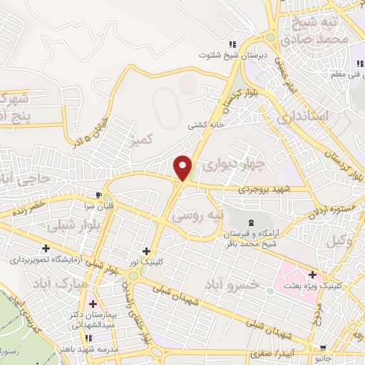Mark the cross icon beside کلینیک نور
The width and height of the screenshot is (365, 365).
click(x=147, y=251)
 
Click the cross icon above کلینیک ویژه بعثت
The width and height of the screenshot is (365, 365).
click(x=313, y=275)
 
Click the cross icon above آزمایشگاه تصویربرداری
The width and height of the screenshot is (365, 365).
click(x=46, y=249)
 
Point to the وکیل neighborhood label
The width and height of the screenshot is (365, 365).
click(x=341, y=241)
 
